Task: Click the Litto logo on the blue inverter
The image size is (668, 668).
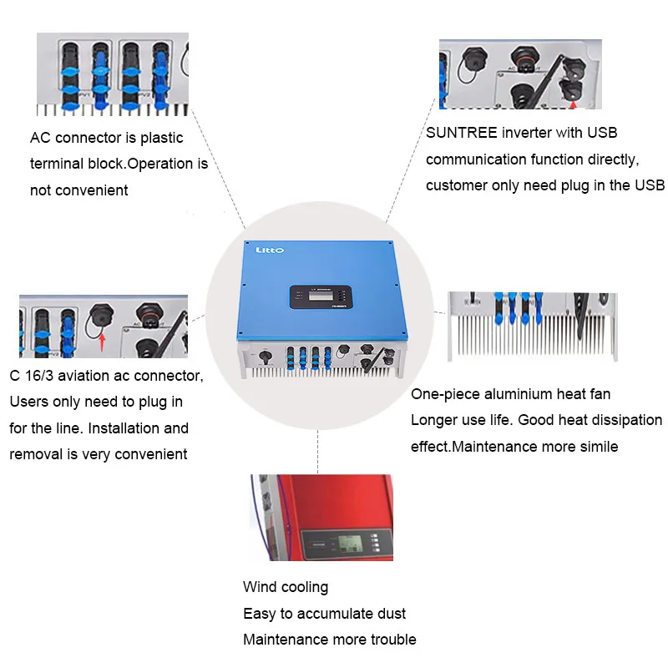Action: pyautogui.click(x=269, y=249)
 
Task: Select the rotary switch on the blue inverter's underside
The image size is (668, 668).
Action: pyautogui.click(x=266, y=356)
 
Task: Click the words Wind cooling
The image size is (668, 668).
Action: pyautogui.click(x=286, y=587)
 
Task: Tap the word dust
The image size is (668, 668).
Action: pyautogui.click(x=389, y=614)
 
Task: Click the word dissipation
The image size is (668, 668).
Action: pyautogui.click(x=620, y=420)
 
